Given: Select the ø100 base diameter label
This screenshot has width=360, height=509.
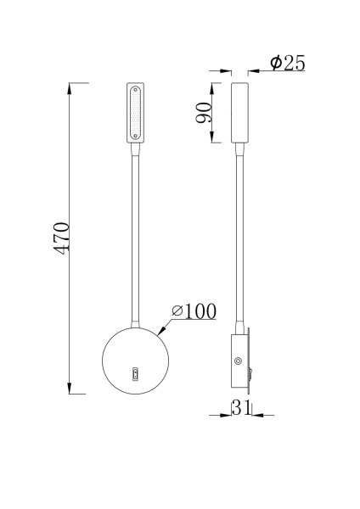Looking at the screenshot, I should pos(193,312).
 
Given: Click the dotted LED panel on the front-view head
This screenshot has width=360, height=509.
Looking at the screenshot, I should pos(136,113).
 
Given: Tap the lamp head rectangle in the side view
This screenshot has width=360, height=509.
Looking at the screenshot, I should pos(239,112).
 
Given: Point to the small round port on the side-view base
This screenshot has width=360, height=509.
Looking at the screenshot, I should pos(237,362).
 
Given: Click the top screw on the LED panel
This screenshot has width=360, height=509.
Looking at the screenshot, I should pos(136,89).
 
